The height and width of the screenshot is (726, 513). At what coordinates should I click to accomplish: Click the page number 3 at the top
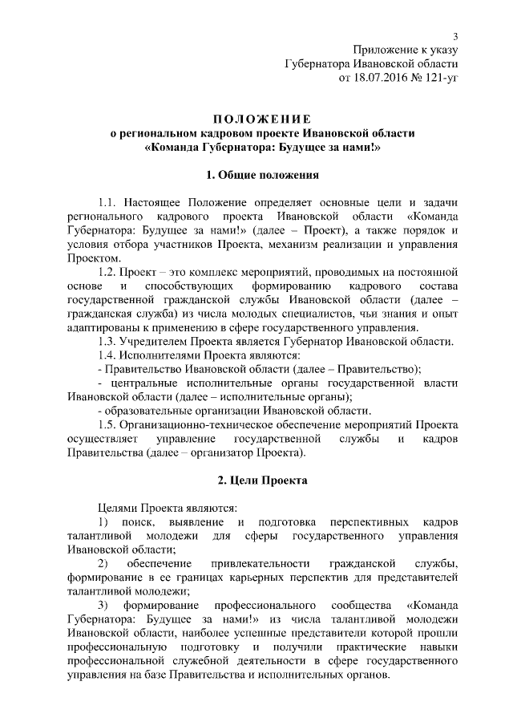click(456, 36)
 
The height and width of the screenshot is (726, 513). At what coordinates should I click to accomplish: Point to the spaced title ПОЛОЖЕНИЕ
click(263, 119)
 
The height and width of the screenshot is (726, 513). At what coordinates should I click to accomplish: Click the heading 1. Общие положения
click(263, 174)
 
